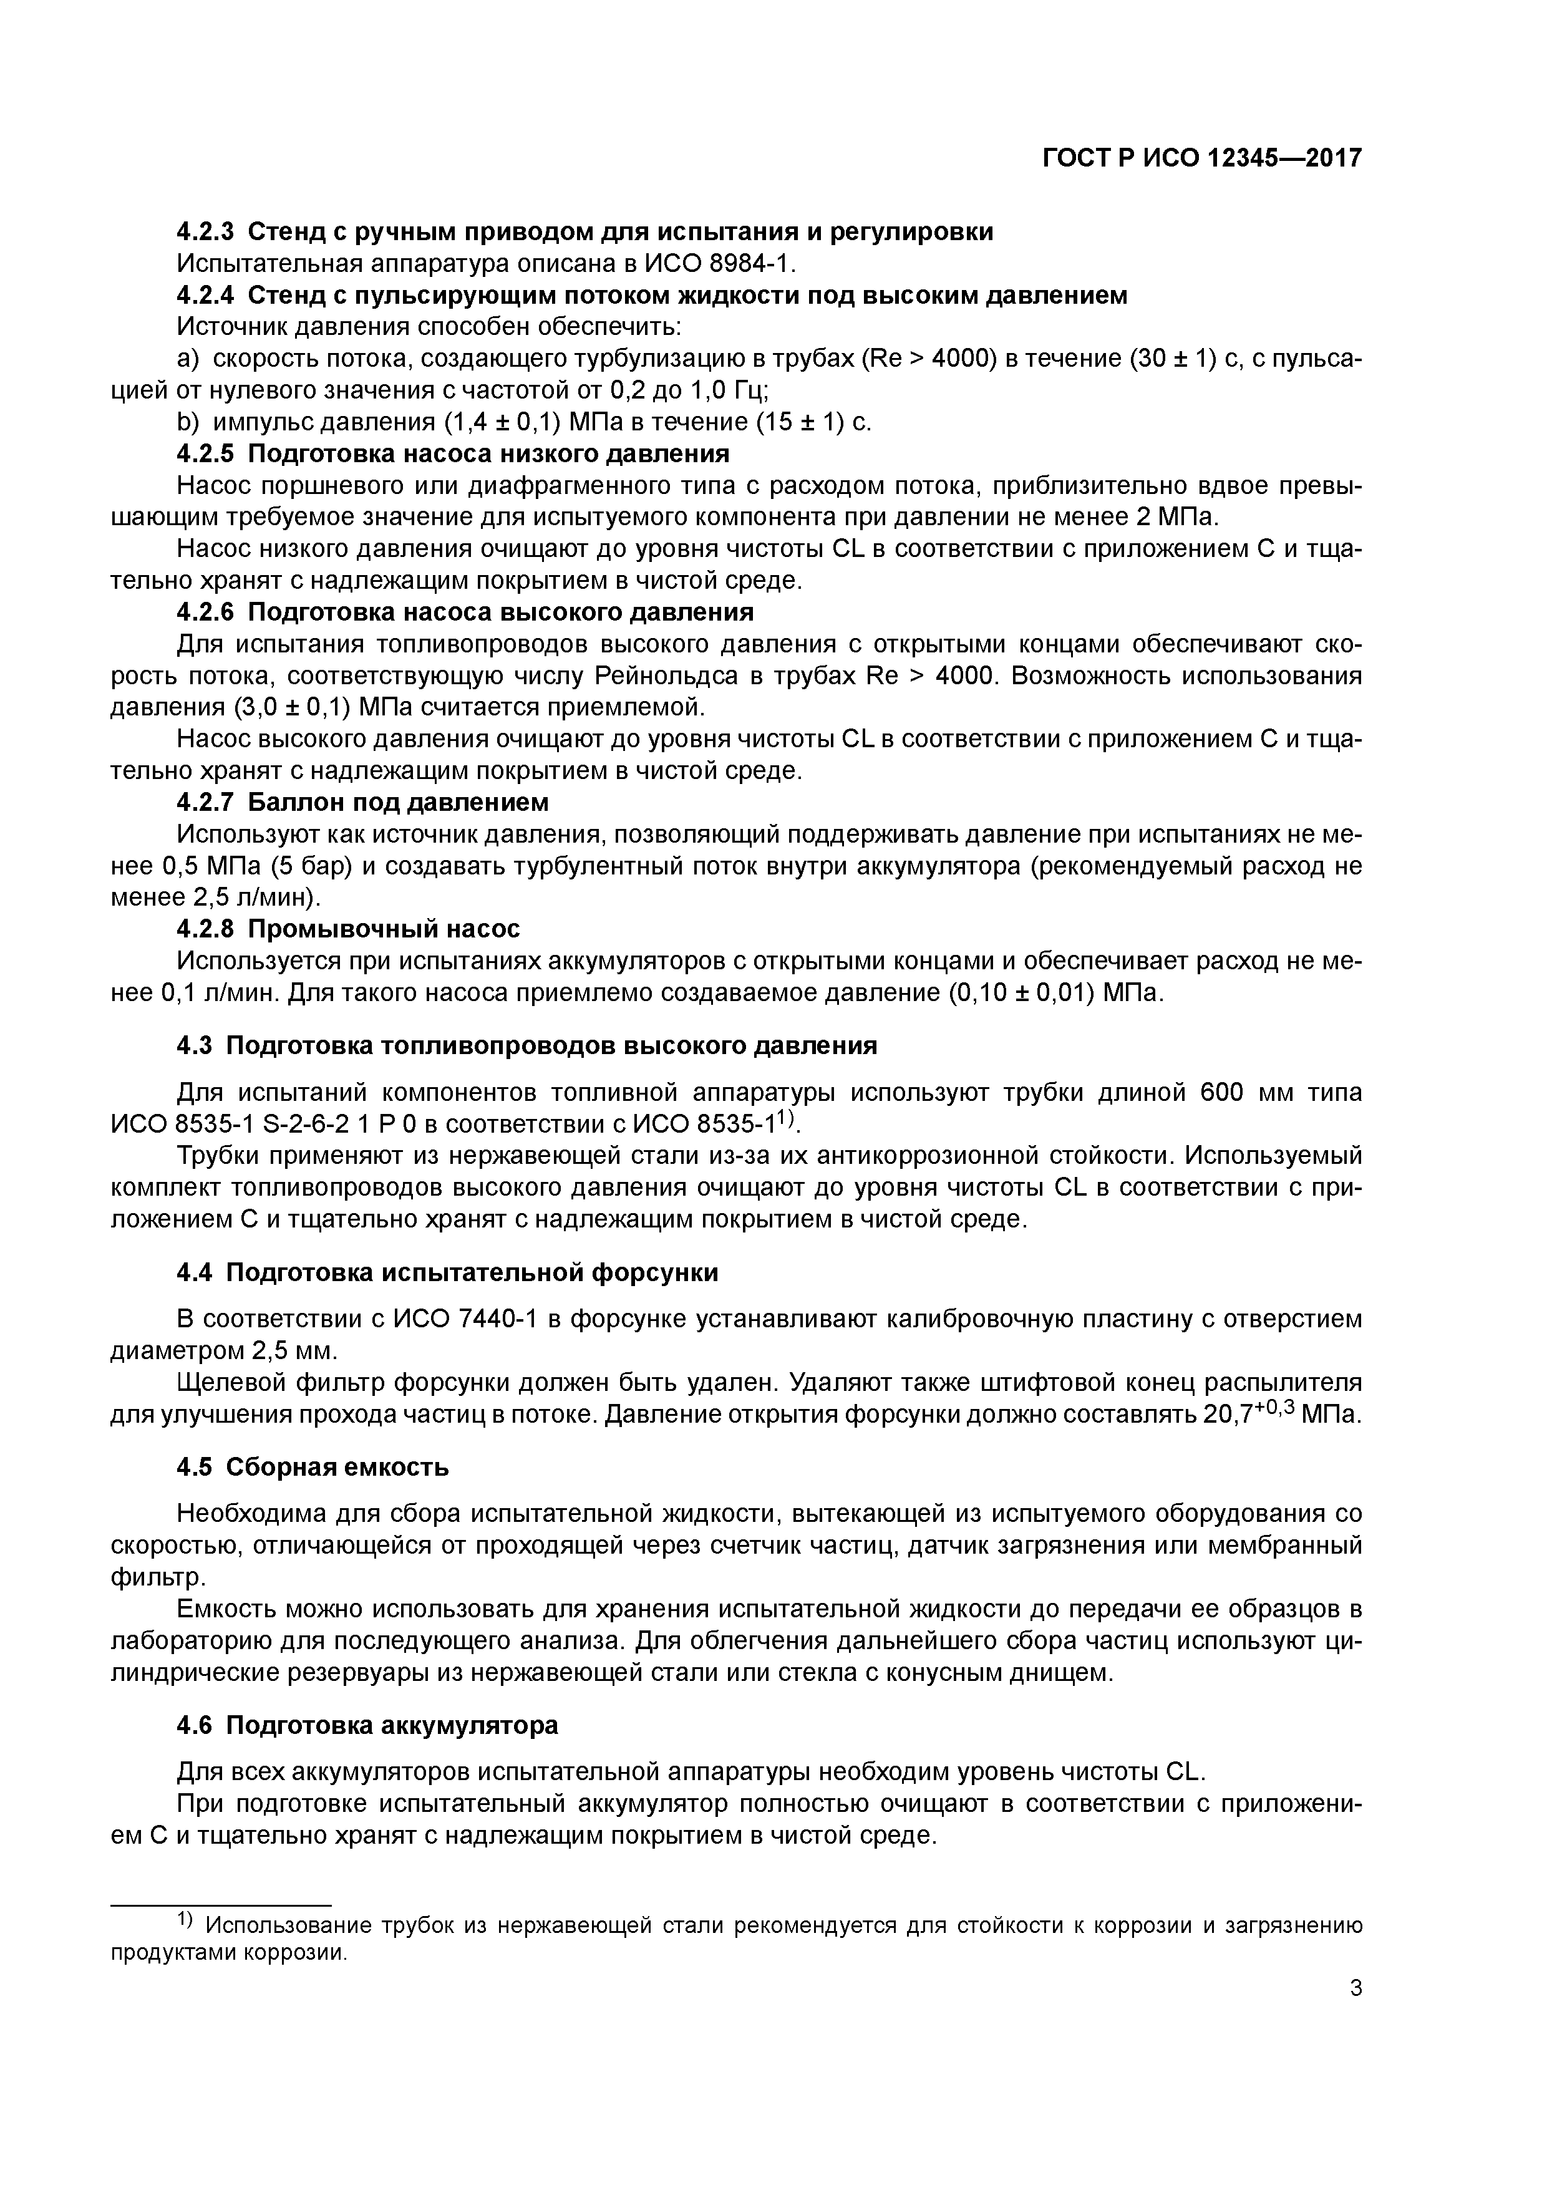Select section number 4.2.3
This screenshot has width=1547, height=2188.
[206, 231]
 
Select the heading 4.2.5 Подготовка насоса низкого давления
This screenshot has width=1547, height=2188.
[453, 453]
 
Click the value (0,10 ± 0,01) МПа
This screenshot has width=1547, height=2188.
[1055, 992]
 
